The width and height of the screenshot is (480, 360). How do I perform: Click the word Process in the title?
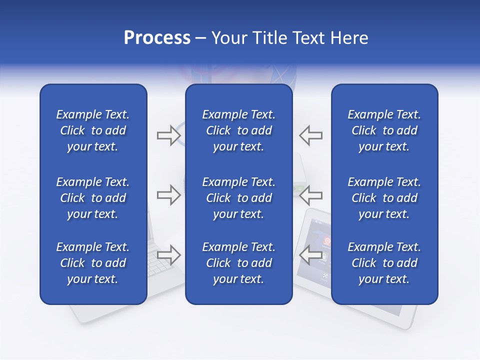157,38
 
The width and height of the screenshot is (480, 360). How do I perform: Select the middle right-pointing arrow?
168,195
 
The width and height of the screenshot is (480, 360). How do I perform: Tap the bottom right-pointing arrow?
168,254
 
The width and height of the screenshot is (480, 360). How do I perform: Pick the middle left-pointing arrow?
311,195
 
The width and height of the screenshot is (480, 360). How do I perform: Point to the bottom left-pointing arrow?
311,254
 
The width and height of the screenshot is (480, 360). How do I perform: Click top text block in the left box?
93,130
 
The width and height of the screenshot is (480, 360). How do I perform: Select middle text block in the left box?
93,198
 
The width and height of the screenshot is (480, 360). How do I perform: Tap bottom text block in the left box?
93,263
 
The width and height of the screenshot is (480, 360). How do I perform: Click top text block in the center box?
238,130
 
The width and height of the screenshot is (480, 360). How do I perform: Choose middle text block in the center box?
238,198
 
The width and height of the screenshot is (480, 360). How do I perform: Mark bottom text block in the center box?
238,263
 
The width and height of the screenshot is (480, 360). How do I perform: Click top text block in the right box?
384,130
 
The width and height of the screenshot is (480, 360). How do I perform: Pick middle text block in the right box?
384,198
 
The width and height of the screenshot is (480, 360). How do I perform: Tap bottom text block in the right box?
384,263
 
